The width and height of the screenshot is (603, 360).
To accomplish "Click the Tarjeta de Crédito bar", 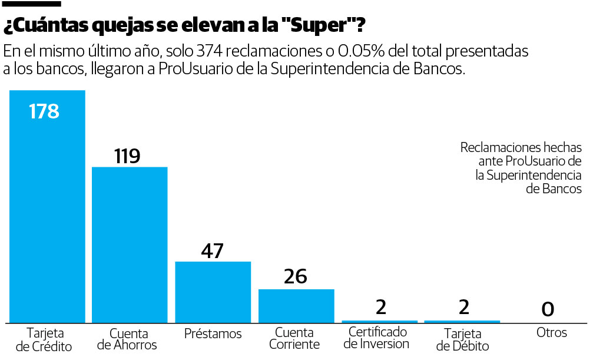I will point(47,206).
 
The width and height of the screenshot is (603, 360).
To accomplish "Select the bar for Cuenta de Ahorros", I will point(130,245).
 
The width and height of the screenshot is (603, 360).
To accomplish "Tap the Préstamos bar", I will point(213,292).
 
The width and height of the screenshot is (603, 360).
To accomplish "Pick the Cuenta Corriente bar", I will point(296,305).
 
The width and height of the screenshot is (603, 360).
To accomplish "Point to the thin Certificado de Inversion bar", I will point(379,321).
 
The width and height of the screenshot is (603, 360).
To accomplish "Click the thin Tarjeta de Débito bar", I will point(462,321).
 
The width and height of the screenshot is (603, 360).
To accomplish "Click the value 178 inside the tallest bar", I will point(44,111).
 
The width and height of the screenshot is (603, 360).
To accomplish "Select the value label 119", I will point(127,156).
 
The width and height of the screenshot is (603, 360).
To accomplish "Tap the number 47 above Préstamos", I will point(212,251).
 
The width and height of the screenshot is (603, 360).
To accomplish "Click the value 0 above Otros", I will point(548,309).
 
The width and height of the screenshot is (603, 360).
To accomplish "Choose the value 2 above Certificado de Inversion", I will point(381,307).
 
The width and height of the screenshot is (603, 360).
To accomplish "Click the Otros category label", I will point(551,333).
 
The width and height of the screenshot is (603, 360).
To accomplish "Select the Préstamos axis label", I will point(213,333).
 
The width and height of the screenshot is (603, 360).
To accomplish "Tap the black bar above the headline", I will point(32,4).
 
